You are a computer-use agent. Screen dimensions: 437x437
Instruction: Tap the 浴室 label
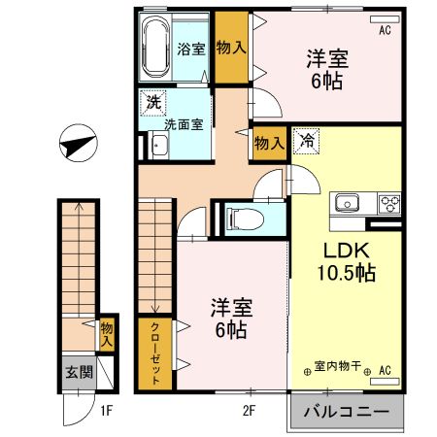tap(190, 50)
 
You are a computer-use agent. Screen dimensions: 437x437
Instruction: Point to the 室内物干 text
tap(337, 368)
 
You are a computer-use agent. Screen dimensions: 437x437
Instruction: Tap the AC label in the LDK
tap(385, 369)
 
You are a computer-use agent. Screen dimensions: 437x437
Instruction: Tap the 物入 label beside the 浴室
tap(229, 47)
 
